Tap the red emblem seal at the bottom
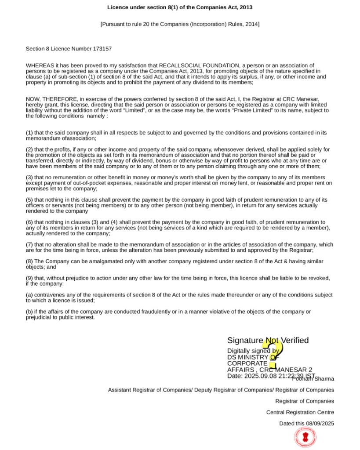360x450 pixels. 307,437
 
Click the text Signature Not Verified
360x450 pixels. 268,341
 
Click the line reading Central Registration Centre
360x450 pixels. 300,412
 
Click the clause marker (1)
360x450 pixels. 29,133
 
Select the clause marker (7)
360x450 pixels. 29,245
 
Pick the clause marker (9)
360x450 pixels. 29,278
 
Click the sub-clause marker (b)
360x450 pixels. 29,312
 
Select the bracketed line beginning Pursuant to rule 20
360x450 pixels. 180,24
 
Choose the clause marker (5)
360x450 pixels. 29,200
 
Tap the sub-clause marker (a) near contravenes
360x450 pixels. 29,295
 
